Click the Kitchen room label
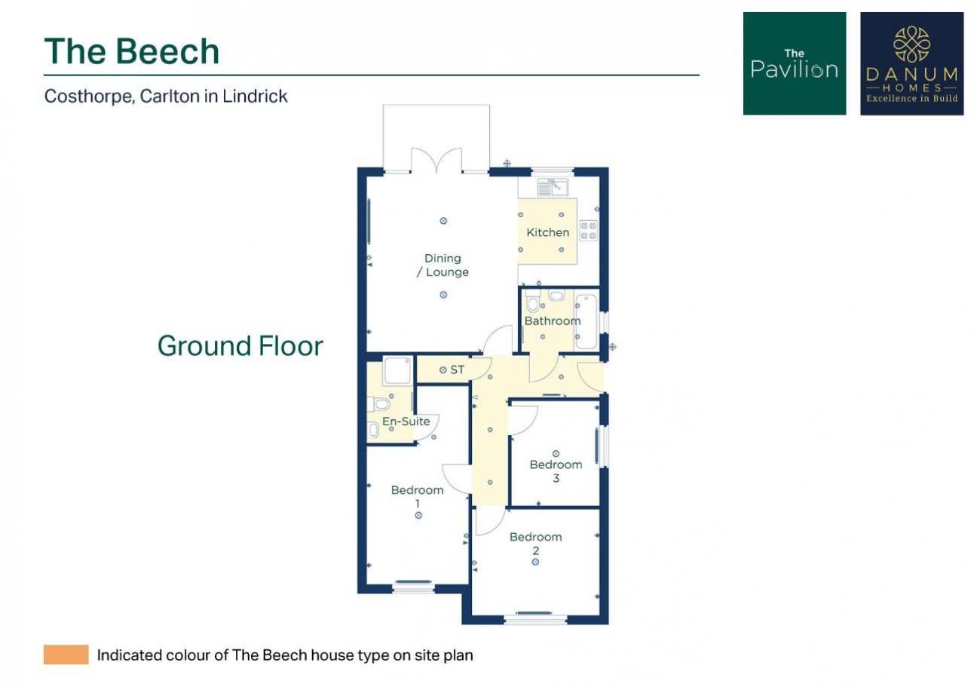click(548, 232)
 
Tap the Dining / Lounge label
click(443, 265)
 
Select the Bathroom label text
click(553, 320)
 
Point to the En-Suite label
click(406, 421)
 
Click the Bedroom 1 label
click(418, 496)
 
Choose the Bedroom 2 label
click(535, 544)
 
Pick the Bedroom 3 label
click(556, 471)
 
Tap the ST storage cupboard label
click(457, 370)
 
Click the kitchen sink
click(553, 187)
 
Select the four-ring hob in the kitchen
click(588, 231)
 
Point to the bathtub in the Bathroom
click(587, 322)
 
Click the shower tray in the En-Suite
click(397, 371)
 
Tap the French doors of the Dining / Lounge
click(436, 161)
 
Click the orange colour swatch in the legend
click(66, 655)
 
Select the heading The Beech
click(132, 51)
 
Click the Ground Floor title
click(240, 345)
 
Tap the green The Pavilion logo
click(795, 63)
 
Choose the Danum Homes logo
click(911, 63)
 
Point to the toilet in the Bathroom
click(532, 300)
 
